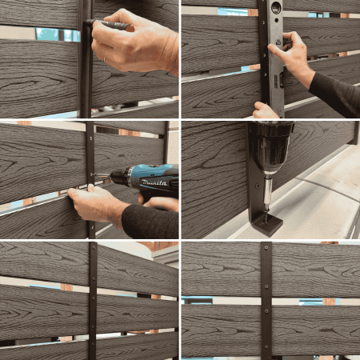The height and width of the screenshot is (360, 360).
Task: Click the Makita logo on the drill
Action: pos(154,183)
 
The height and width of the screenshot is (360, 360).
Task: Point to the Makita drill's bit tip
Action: pos(94,175)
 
